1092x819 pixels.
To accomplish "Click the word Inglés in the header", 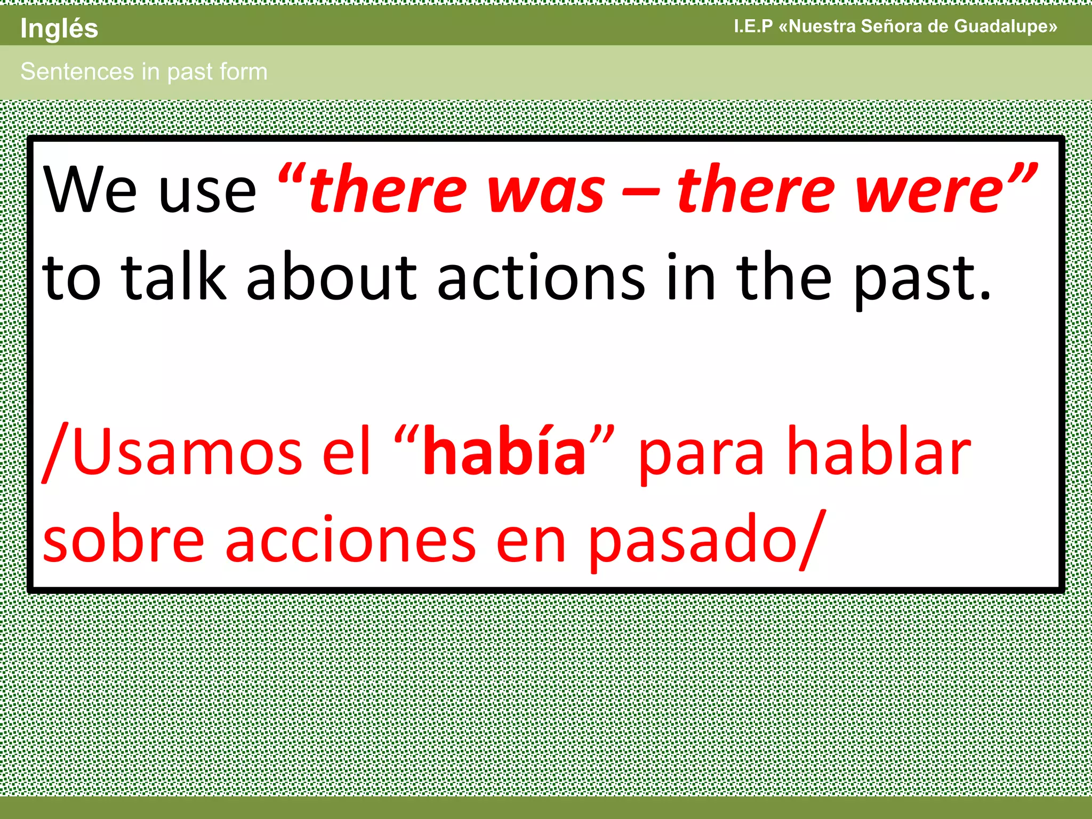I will [59, 29].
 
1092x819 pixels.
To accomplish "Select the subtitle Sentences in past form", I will [144, 71].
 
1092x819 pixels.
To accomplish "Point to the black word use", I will [208, 193].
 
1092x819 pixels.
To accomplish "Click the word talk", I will [174, 277].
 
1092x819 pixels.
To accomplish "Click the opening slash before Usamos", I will [55, 453].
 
